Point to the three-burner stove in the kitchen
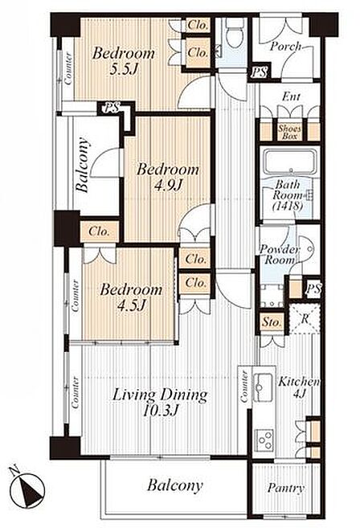(264, 440)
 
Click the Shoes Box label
(289, 132)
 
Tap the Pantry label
(286, 489)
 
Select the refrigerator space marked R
(305, 318)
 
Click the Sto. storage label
(272, 322)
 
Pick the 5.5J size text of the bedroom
(124, 69)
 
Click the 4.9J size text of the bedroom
(168, 185)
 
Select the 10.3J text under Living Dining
(161, 410)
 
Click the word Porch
(285, 47)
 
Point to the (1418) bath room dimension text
(287, 206)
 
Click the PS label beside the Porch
(259, 72)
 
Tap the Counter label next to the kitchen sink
(243, 387)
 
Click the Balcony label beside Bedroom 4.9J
(83, 165)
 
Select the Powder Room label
(279, 255)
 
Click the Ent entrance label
(292, 97)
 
